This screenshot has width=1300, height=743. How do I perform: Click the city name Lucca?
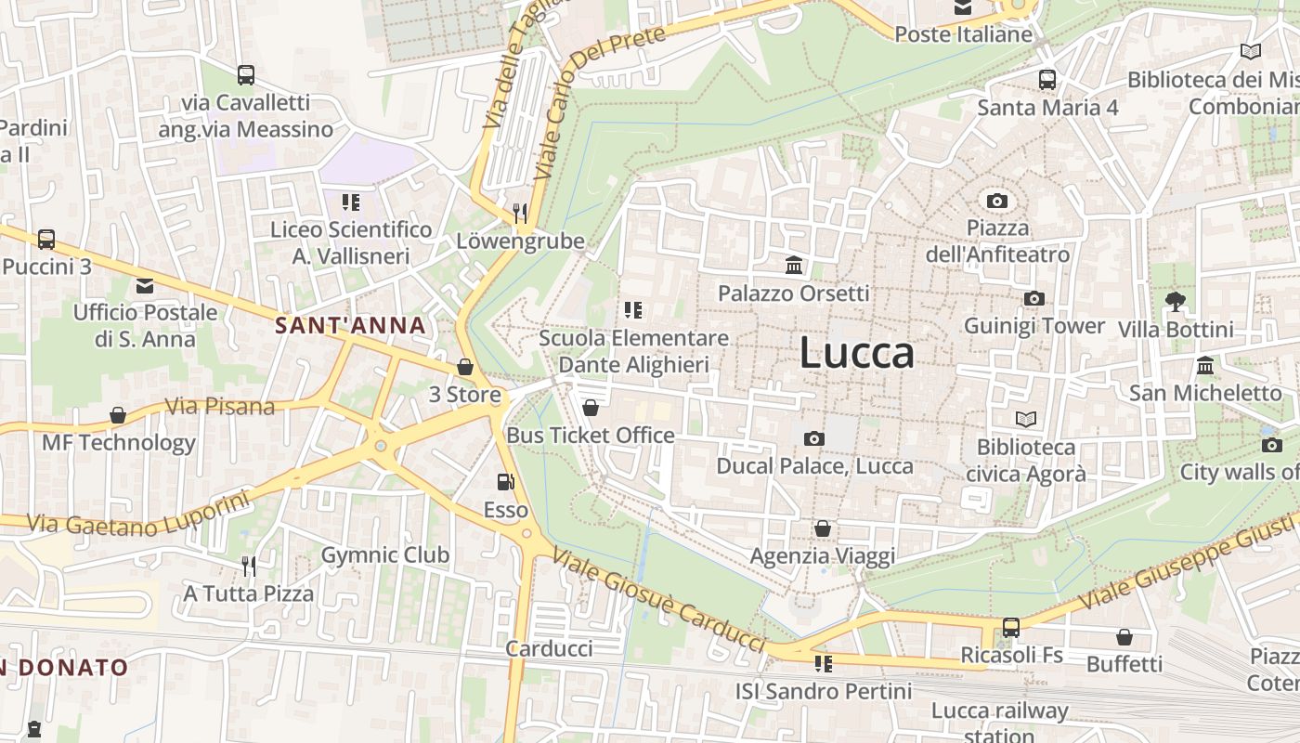[x=856, y=353]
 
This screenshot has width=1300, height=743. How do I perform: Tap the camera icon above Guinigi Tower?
[x=1033, y=298]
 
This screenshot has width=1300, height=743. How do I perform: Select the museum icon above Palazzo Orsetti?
[x=794, y=267]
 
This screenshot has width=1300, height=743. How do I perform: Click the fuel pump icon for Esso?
[x=505, y=481]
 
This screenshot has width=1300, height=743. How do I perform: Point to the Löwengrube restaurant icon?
[x=520, y=213]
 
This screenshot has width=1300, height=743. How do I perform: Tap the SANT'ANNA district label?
[x=350, y=325]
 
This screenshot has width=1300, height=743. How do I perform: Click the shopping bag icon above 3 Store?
[x=465, y=367]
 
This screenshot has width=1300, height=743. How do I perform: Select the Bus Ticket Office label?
[x=591, y=435]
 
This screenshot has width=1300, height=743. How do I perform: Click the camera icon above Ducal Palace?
[x=814, y=438]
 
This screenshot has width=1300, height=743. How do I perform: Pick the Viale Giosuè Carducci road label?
[x=658, y=599]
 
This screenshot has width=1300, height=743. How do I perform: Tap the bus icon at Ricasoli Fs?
[x=1010, y=627]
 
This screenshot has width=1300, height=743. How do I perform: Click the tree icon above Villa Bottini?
[x=1175, y=301]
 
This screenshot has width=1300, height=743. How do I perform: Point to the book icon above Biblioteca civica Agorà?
[x=1025, y=419]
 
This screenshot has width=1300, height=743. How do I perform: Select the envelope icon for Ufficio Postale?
[x=145, y=285]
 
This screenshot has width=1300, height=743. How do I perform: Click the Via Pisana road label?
[x=220, y=406]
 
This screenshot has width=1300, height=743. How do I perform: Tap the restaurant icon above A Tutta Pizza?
[x=248, y=565]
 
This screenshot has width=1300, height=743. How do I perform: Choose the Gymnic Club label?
[x=385, y=555]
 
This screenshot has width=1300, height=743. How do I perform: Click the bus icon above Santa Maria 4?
[x=1047, y=79]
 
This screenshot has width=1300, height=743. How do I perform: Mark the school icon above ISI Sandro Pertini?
[x=823, y=663]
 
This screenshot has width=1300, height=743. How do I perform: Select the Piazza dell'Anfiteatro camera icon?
[x=997, y=201]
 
